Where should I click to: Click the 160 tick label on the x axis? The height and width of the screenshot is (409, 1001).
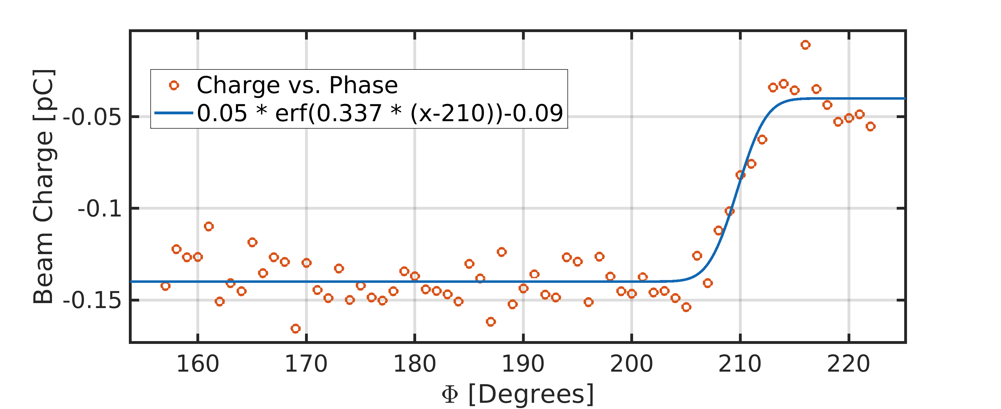(x=198, y=364)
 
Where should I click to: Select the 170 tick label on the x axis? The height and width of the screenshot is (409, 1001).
(x=306, y=364)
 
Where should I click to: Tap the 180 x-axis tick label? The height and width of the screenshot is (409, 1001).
(x=415, y=364)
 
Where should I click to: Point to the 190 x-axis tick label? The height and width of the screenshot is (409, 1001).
(x=523, y=364)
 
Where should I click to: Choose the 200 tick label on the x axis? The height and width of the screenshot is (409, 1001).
(x=632, y=364)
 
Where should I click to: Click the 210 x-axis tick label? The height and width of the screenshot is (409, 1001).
(x=740, y=364)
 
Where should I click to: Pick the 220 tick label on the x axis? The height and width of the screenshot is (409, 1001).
(x=848, y=364)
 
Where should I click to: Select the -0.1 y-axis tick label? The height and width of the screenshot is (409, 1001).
(x=100, y=209)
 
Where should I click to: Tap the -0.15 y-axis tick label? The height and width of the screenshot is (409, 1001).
(x=92, y=301)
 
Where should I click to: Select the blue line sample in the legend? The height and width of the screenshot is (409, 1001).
(x=174, y=113)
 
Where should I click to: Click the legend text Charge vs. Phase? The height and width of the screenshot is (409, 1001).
(x=297, y=85)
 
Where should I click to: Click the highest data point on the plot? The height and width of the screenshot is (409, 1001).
(x=805, y=45)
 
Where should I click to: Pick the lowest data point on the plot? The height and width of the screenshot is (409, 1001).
(x=295, y=329)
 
